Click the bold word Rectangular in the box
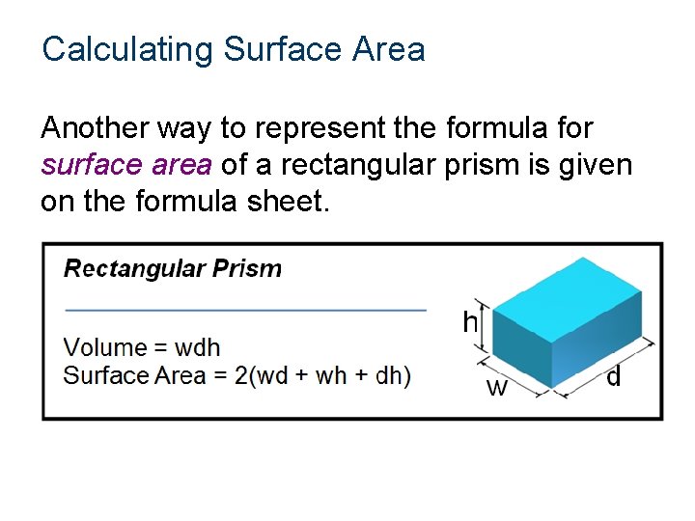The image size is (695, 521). pos(134,268)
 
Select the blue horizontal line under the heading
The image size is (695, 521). pos(245,310)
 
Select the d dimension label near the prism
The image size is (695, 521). pos(613,377)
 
